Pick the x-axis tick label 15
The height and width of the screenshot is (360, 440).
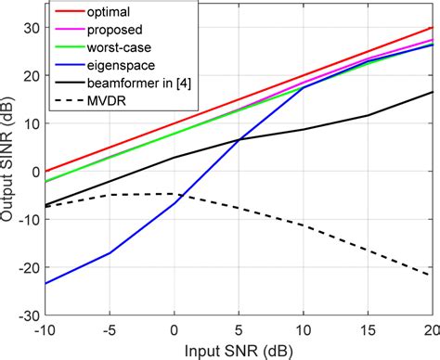tap(369, 331)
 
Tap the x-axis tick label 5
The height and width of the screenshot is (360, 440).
tap(239, 331)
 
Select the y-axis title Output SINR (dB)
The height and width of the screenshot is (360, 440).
tap(10, 171)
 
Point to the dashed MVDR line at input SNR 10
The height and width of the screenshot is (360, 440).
tap(304, 225)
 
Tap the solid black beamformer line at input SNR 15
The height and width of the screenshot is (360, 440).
tap(369, 115)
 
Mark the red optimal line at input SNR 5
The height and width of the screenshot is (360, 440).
tap(239, 99)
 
